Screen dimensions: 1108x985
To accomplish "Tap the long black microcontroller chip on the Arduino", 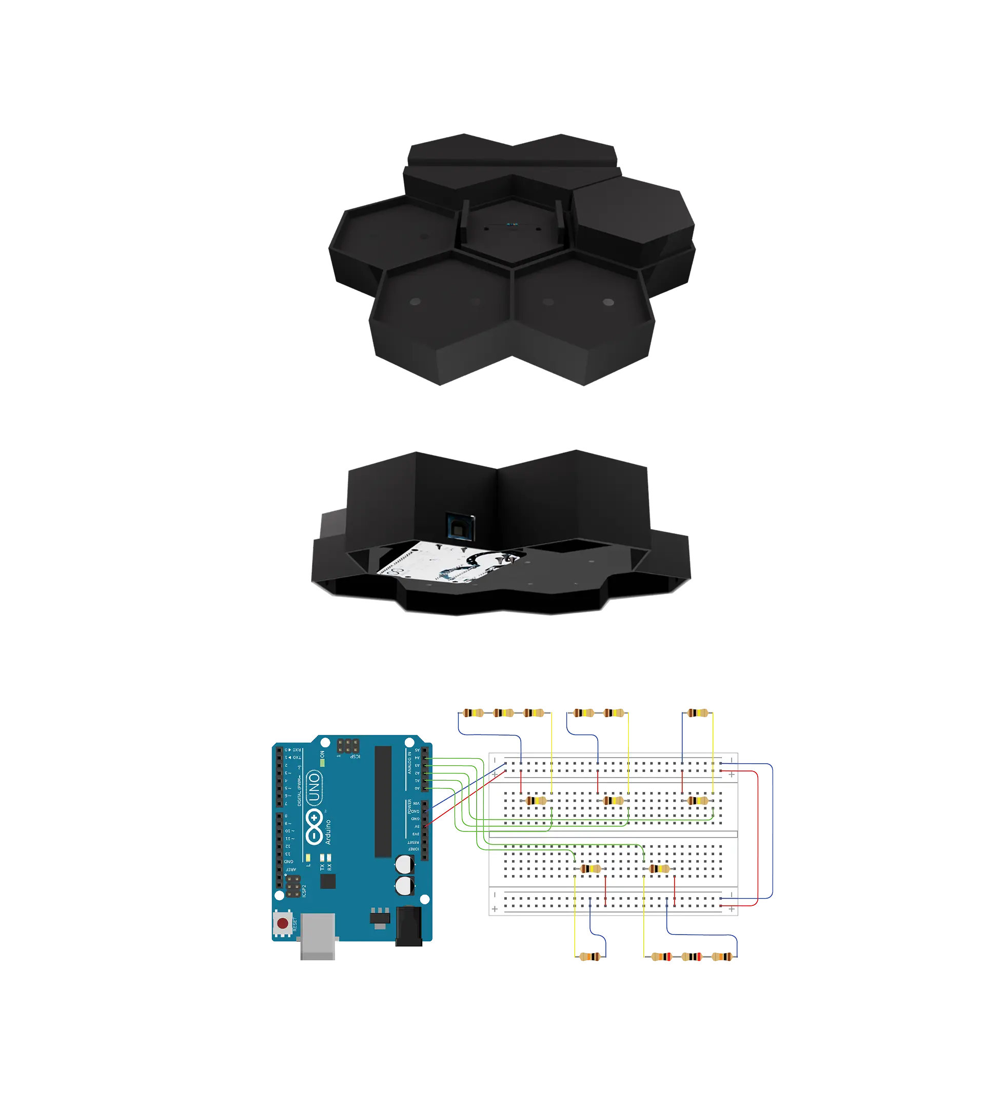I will pos(383,802).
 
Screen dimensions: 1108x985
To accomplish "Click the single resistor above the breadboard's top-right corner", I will pos(698,714).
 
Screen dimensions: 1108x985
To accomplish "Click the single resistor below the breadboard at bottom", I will pos(590,957).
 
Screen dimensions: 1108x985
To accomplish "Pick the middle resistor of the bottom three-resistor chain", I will pos(692,957).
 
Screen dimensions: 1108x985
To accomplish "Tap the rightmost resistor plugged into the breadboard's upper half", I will pos(698,801).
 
